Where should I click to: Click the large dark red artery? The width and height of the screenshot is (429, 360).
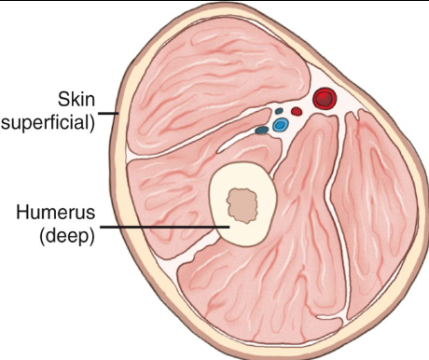click(x=324, y=97)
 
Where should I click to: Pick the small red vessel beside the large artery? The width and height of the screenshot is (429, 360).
click(x=297, y=110)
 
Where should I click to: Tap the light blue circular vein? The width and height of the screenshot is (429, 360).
click(x=279, y=124)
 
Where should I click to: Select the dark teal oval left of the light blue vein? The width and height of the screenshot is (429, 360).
click(x=261, y=130)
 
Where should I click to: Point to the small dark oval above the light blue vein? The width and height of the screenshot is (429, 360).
click(x=278, y=111)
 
